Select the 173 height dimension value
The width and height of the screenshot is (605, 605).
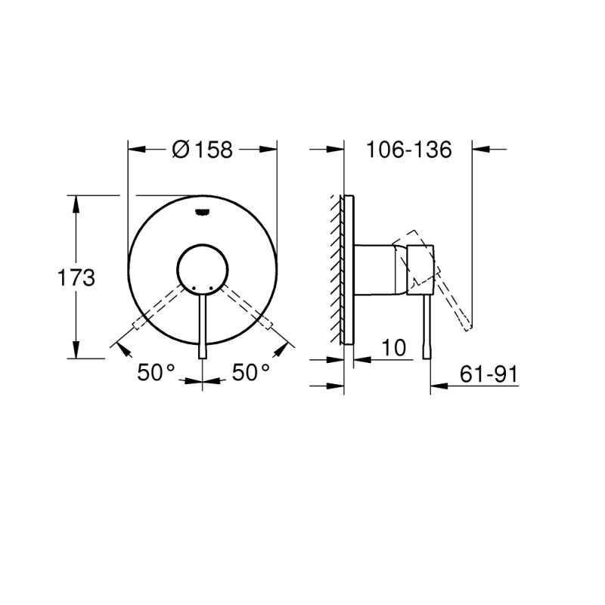coord(76,278)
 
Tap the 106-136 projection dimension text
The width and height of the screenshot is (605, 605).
coord(408,150)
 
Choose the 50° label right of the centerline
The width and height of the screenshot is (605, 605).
coord(251,372)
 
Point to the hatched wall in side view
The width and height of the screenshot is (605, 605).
coord(335,268)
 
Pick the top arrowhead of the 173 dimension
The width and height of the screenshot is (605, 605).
coord(76,201)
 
